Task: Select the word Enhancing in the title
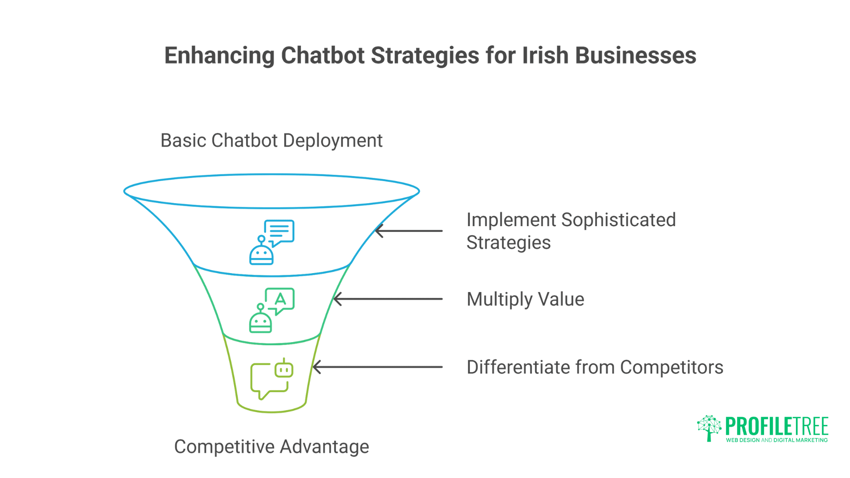[219, 56]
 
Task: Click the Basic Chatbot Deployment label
[271, 141]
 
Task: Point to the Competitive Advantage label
[271, 447]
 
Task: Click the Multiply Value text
[525, 299]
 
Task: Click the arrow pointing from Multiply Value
[388, 299]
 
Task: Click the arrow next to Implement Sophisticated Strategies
[409, 231]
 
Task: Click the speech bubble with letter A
[280, 300]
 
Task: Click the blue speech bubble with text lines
[279, 232]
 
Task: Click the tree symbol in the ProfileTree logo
[709, 427]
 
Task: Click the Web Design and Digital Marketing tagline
[777, 440]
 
